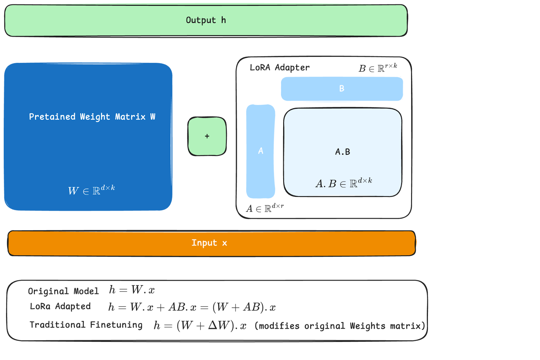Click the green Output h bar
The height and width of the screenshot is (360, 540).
[206, 20]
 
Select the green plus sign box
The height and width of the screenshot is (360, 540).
[207, 136]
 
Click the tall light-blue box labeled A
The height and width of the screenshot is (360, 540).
[261, 151]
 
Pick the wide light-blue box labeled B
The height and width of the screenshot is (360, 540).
[342, 88]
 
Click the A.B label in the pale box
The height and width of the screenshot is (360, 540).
[343, 152]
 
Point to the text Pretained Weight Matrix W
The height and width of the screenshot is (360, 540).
[92, 117]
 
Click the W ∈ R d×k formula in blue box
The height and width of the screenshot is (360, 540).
[91, 190]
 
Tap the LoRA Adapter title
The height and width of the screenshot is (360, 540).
[279, 68]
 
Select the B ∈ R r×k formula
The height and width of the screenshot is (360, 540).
[378, 68]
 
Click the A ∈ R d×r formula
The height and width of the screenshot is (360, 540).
[265, 208]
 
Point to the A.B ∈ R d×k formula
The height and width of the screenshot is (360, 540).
[344, 183]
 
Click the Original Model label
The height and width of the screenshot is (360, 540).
[63, 291]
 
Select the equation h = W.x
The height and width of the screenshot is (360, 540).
[132, 290]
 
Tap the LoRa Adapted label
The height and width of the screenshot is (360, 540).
[60, 306]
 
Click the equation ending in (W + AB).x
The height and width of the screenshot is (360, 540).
[192, 307]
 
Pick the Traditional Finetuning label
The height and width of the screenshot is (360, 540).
[86, 325]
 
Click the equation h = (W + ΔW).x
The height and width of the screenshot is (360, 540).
[200, 325]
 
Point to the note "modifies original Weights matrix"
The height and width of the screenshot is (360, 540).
[340, 326]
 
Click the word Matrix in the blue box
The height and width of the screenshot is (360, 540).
[130, 117]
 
